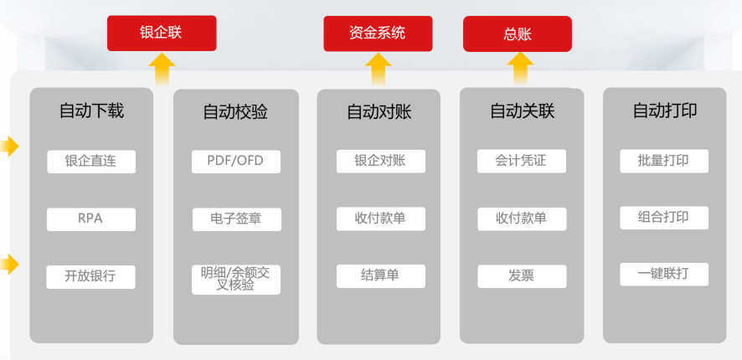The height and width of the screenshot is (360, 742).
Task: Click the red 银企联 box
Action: tap(162, 33)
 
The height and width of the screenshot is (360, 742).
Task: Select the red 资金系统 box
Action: tap(378, 33)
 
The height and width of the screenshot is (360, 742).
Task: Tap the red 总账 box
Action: tap(518, 34)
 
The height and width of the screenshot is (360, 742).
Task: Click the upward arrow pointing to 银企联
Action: tap(162, 69)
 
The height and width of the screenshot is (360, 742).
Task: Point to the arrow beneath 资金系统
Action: tap(378, 69)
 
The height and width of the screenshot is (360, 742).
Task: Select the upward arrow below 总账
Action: tap(520, 69)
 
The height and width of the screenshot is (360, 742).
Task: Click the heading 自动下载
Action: tap(91, 111)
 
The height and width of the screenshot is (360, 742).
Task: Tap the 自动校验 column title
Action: tap(235, 111)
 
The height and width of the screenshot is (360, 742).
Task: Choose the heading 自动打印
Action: tap(664, 111)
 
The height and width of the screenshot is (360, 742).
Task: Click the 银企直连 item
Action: tap(90, 162)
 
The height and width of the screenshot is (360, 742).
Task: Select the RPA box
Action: tap(90, 219)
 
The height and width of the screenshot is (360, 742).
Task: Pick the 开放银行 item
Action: tap(90, 277)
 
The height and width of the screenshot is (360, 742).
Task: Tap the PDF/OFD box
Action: tap(235, 162)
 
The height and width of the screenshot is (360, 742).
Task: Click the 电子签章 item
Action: tap(237, 219)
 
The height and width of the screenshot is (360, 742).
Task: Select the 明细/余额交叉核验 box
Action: tap(235, 280)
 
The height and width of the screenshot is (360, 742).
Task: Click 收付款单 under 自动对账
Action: tap(380, 219)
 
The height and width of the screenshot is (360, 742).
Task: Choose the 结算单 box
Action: tap(380, 276)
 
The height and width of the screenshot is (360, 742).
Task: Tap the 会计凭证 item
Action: tap(522, 162)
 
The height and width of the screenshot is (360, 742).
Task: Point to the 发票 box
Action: tap(522, 276)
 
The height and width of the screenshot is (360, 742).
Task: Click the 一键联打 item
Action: tap(664, 275)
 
